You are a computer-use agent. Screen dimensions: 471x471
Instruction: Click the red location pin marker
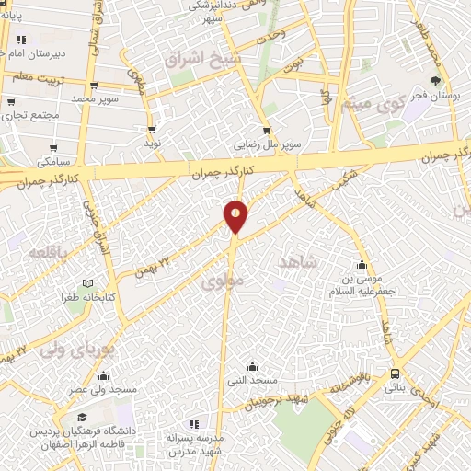pos(236,215)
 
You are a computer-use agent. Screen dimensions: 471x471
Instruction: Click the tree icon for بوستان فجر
pos(435,80)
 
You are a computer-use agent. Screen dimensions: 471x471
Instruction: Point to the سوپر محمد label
pos(98,98)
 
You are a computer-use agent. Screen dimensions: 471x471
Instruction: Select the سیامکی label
pos(55,161)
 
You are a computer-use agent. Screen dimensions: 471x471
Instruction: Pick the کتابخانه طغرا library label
pos(62,297)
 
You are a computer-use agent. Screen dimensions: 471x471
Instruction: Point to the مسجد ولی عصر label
pos(102,389)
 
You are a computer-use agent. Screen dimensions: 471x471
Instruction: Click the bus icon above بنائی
pos(395,373)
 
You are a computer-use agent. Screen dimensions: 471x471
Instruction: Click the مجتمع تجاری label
pos(31,115)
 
